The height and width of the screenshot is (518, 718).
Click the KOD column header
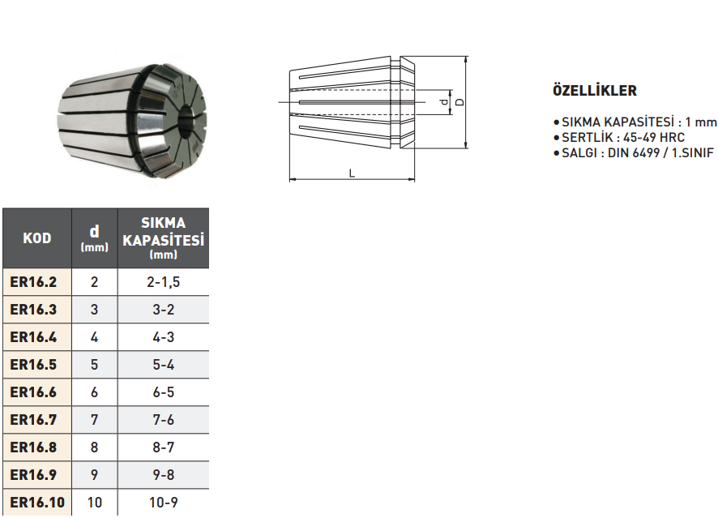pos(37,238)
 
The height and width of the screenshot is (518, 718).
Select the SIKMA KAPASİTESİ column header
pos(163,238)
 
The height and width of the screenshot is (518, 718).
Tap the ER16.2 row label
pos(34,282)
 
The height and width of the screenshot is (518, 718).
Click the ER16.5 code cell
pos(34,365)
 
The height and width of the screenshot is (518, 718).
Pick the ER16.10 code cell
pos(37,503)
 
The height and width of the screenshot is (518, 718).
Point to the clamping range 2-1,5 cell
pos(164,282)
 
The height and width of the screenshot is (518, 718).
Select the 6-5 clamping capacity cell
pos(164,392)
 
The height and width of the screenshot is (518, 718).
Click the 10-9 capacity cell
pos(164,503)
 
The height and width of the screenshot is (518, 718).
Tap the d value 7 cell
pos(95,420)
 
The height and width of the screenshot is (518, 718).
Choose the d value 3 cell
pos(95,310)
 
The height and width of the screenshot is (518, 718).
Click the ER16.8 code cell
pos(34,447)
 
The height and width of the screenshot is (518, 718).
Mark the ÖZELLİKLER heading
pos(594,91)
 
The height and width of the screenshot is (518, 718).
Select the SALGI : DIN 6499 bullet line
pos(637,152)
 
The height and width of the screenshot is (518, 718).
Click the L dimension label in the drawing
pos(351,173)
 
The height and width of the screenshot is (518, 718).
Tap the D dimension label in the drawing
pos(459,102)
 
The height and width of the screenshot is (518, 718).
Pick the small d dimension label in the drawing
pos(442,102)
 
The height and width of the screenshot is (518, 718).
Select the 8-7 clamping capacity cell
pos(164,447)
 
